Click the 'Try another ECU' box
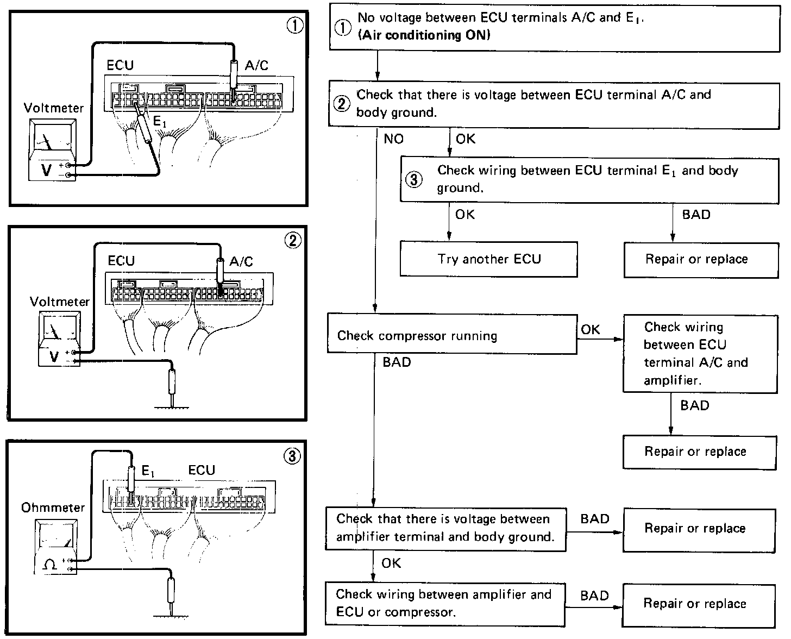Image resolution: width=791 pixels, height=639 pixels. click(488, 259)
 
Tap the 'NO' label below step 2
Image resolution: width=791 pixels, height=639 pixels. click(393, 139)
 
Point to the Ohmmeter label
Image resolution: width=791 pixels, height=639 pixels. click(53, 508)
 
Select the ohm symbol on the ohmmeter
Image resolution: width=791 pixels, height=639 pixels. click(49, 565)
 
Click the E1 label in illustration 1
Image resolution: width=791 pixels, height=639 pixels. click(160, 123)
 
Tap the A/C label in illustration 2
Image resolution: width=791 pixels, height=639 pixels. click(241, 261)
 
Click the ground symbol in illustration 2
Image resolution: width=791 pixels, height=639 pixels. click(173, 406)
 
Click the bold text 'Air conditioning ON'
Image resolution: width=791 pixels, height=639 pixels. click(424, 35)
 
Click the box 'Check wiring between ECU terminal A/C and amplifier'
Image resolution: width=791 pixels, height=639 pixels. click(700, 353)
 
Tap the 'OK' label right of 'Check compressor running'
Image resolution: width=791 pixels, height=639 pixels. click(591, 329)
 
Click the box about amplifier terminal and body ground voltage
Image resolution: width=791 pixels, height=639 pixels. click(445, 528)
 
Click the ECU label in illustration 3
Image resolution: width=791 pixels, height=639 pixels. click(202, 471)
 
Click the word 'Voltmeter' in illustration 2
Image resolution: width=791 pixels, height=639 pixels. click(60, 302)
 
